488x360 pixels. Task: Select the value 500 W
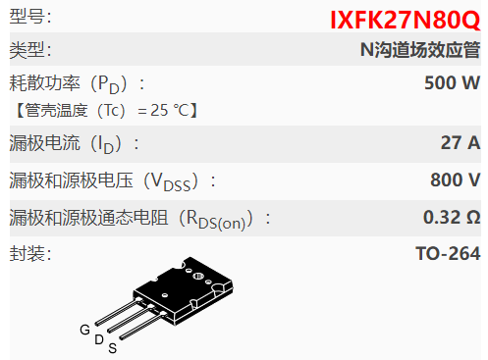click(x=452, y=82)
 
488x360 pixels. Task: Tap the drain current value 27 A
click(x=460, y=143)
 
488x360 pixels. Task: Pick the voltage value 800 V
click(x=455, y=180)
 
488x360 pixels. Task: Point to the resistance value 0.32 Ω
click(x=451, y=216)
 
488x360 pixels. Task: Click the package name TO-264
click(x=448, y=253)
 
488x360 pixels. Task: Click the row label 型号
click(x=30, y=18)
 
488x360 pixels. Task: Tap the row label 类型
click(x=30, y=50)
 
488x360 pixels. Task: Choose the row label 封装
click(x=30, y=253)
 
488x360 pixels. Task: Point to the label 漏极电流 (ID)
click(x=74, y=144)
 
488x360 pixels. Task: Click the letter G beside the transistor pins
click(x=84, y=330)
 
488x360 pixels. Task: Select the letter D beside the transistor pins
click(x=98, y=339)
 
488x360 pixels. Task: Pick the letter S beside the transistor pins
click(x=112, y=348)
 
